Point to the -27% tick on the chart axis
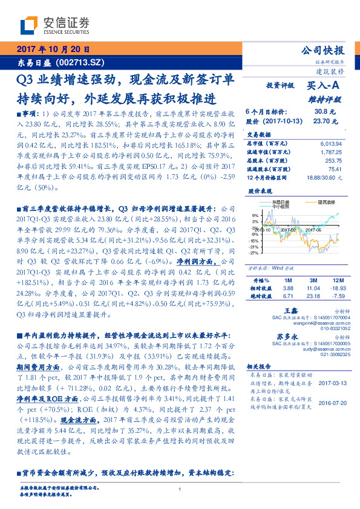coord(254,253)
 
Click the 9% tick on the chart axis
coord(255,215)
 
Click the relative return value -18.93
coord(337,288)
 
